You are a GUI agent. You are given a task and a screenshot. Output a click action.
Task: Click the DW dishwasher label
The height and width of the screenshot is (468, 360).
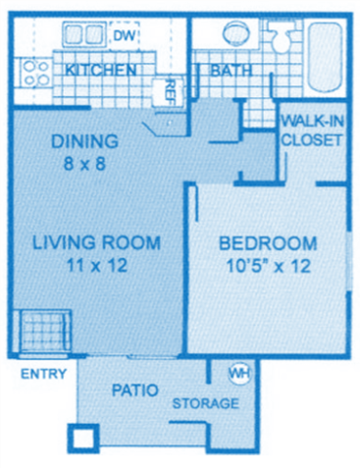(x=123, y=37)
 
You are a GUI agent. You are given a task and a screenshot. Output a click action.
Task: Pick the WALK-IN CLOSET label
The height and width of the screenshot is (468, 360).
(x=311, y=130)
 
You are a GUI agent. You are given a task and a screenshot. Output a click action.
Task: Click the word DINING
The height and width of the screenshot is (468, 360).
(x=86, y=140)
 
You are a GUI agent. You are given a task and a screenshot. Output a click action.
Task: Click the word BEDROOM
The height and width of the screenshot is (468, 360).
(x=267, y=243)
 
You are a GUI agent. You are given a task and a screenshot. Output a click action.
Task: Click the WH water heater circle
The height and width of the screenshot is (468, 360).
(x=238, y=374)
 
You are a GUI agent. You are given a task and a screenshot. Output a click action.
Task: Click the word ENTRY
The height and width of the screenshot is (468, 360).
(x=42, y=374)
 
